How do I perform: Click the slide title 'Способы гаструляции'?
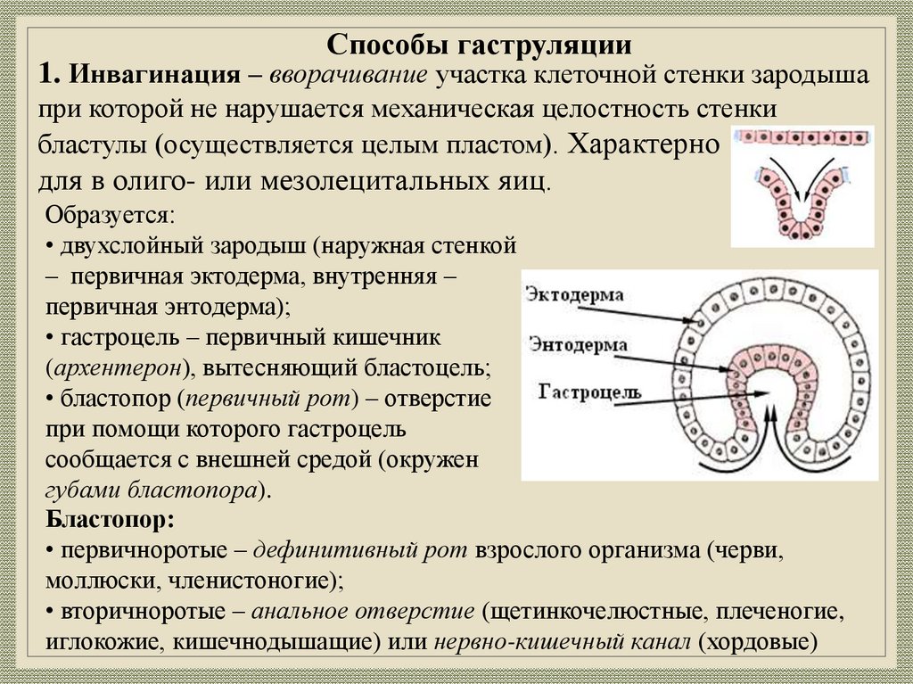(x=480, y=45)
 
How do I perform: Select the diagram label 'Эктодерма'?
(x=575, y=294)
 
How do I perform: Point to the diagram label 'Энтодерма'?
(x=579, y=345)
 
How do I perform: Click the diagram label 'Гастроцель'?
(x=584, y=391)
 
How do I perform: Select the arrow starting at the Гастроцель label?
(x=678, y=399)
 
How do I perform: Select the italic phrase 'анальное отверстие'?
(x=363, y=613)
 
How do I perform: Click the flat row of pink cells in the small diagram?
(x=803, y=138)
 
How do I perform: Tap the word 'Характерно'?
(x=644, y=144)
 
